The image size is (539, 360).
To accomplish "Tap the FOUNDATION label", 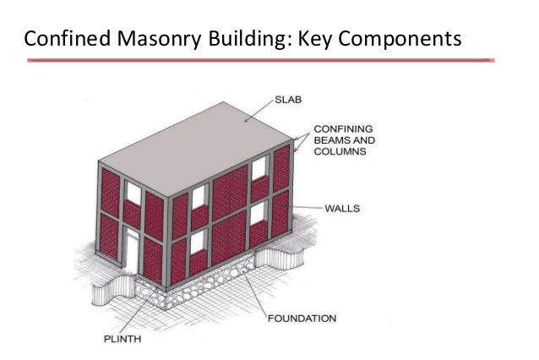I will pyautogui.click(x=302, y=319).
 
